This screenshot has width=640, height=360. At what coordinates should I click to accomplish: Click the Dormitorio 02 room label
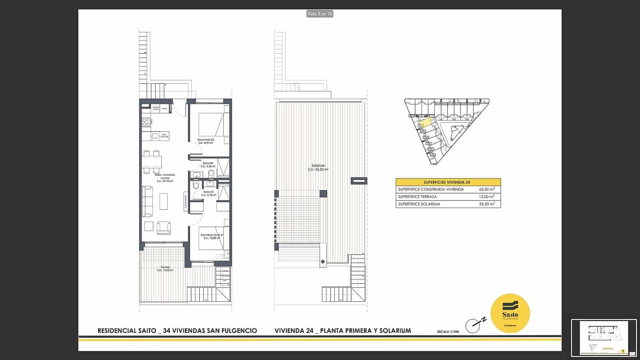tap(206, 141)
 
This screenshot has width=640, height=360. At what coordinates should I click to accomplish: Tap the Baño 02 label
tap(208, 164)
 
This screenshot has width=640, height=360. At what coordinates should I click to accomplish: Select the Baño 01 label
tap(208, 193)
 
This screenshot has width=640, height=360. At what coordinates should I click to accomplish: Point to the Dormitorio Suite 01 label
tap(212, 236)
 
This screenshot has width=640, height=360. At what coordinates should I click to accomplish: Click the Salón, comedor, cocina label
tap(165, 178)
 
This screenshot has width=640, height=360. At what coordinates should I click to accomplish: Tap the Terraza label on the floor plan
tap(165, 268)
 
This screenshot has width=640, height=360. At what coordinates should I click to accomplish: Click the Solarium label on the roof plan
tap(318, 167)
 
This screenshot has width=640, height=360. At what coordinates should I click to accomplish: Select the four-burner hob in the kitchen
tap(146, 122)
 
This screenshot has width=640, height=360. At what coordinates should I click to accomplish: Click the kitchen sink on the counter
tap(155, 136)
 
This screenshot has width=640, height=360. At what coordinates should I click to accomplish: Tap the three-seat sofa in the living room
tap(147, 201)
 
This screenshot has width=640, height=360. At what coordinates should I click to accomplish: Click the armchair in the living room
tap(164, 228)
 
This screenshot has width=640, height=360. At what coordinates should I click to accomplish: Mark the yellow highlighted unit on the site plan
tap(426, 122)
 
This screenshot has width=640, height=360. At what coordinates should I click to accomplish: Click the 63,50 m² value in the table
tap(486, 189)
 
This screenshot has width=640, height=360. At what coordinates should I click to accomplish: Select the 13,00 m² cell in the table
tap(486, 196)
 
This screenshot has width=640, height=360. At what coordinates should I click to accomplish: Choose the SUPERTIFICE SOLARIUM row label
tap(419, 204)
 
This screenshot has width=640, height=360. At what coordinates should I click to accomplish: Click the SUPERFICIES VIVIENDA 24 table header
tap(447, 182)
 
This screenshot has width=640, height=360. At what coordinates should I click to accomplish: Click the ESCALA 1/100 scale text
tap(448, 332)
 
